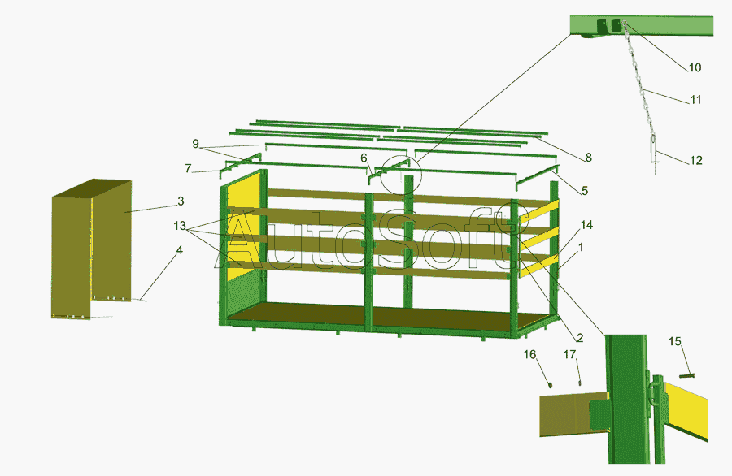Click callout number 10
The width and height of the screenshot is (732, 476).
(695, 67)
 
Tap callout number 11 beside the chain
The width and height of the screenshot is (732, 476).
(695, 100)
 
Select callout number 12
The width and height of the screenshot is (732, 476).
(695, 160)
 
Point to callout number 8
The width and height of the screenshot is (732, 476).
(588, 158)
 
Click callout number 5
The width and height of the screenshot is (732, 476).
(585, 191)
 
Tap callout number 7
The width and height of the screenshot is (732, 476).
(188, 168)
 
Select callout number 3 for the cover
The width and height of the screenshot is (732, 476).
(181, 201)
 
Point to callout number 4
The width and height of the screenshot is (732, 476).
(179, 250)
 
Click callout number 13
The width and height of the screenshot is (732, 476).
(180, 226)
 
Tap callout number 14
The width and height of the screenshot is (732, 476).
(586, 225)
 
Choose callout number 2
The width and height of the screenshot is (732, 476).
(580, 338)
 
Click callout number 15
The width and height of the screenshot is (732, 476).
(675, 342)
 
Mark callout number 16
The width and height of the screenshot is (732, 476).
(529, 355)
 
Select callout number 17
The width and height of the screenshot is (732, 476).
(569, 355)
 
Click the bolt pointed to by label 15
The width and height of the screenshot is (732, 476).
(686, 374)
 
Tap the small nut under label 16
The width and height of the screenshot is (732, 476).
(550, 385)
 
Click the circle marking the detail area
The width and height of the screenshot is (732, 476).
(401, 156)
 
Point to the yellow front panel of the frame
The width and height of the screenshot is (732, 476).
(242, 223)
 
